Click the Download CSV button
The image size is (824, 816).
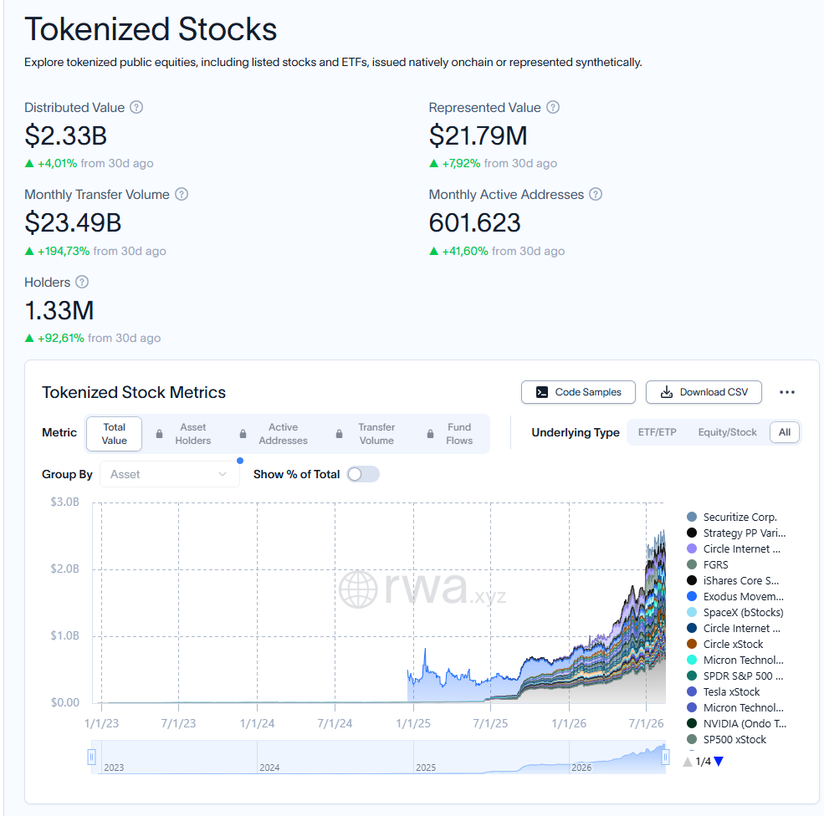tap(704, 392)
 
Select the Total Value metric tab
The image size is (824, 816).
tap(114, 434)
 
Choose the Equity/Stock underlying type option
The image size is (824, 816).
tap(727, 432)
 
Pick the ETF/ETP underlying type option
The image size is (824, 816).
tap(657, 432)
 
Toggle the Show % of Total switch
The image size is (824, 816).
tap(363, 474)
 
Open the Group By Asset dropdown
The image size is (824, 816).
tap(169, 474)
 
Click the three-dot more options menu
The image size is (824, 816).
tap(786, 392)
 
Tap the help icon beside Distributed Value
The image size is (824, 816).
tap(136, 107)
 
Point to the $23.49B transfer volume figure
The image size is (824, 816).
tap(73, 222)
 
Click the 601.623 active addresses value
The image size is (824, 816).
tap(474, 222)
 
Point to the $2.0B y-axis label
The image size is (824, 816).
tap(64, 569)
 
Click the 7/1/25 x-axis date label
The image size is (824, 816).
tap(490, 723)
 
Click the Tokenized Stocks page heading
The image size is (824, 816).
tap(151, 29)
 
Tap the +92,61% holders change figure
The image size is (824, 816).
tap(60, 338)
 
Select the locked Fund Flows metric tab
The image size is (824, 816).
tap(450, 434)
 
